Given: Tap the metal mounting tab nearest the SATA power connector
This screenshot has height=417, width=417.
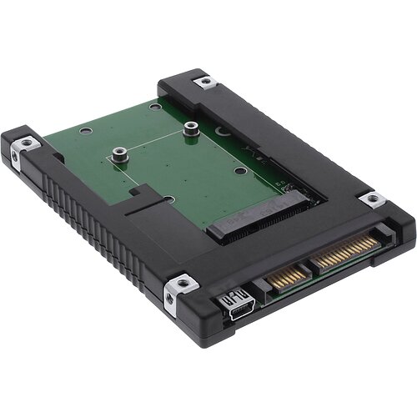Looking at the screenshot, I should (x=370, y=199).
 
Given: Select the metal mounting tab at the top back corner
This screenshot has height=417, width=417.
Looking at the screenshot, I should (x=203, y=82).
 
